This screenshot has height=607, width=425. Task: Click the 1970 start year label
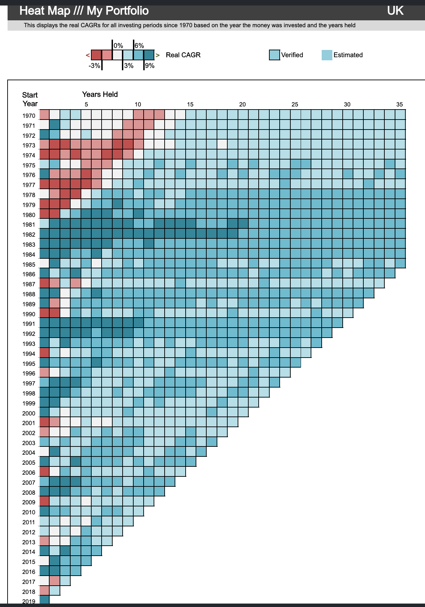click(x=29, y=116)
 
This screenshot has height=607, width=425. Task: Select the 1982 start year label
click(x=29, y=235)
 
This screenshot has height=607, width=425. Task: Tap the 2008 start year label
click(x=29, y=493)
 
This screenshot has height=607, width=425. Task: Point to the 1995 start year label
click(x=29, y=364)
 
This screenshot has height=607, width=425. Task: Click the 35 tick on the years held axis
click(x=400, y=104)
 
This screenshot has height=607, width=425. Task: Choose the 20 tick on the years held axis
click(x=242, y=104)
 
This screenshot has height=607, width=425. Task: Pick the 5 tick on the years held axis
click(x=86, y=104)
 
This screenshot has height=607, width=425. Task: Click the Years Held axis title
click(x=100, y=94)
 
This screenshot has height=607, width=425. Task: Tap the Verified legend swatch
click(x=274, y=55)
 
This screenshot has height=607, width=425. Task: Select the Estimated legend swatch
click(x=327, y=55)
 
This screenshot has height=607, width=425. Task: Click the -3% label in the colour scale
click(x=94, y=65)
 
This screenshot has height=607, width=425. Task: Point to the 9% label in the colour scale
click(x=150, y=65)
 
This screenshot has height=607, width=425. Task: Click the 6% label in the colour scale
click(x=139, y=45)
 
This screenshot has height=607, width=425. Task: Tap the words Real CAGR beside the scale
click(x=183, y=55)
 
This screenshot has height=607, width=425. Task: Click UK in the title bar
click(x=395, y=11)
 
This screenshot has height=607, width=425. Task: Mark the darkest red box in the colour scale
click(x=96, y=55)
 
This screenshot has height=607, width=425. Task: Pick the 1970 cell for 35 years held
click(x=400, y=114)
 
